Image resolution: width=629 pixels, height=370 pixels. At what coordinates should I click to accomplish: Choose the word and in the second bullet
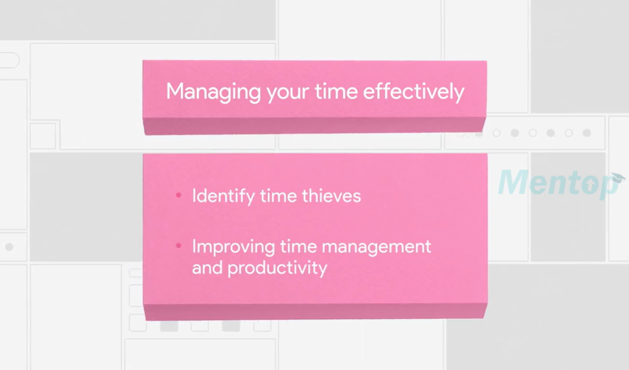click(207, 268)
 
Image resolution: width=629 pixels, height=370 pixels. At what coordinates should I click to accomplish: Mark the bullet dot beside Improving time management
click(179, 246)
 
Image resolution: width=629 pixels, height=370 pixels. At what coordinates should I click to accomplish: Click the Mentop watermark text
click(553, 184)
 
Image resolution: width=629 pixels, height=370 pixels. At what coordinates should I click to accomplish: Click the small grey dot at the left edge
click(9, 247)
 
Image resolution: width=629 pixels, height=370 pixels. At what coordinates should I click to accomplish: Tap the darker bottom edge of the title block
click(314, 126)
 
